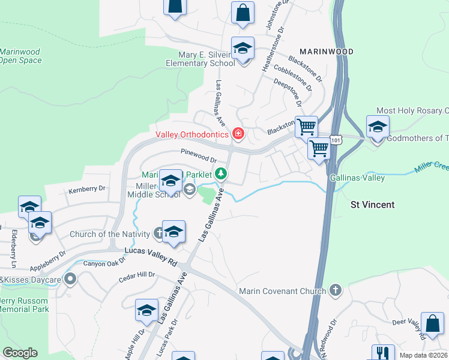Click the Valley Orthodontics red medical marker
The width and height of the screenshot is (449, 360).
pos(238,133)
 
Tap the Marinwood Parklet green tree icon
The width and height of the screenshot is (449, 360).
pos(221,174)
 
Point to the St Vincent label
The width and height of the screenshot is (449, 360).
pos(372,205)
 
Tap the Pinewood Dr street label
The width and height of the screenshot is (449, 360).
pos(197,155)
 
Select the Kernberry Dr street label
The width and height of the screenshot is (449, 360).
pos(86,189)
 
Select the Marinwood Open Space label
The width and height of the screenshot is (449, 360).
pos(20,56)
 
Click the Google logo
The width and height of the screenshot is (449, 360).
pos(20,352)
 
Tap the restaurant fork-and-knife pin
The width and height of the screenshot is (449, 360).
pos(382,352)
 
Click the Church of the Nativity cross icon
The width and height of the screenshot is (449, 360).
pos(157,233)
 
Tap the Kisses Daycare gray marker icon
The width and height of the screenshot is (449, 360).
pos(71,279)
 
